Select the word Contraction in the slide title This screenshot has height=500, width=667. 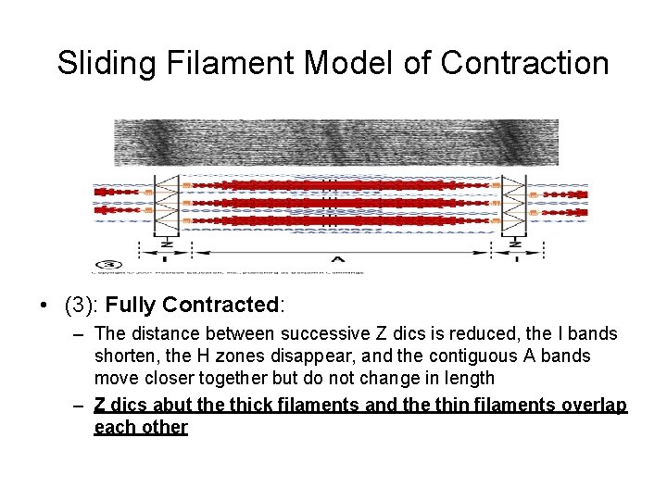[x=525, y=63]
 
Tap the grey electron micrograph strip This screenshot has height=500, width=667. [x=335, y=143]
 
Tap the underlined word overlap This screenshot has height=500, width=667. [x=595, y=406]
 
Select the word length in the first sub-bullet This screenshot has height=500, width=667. [x=470, y=378]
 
